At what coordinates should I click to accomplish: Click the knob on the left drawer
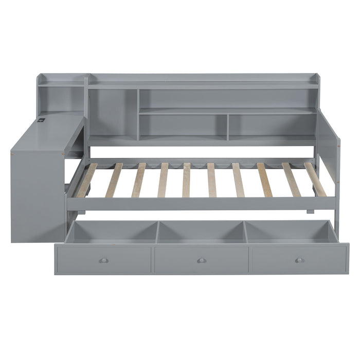tap(103, 260)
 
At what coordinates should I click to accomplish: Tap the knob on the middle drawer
tap(202, 260)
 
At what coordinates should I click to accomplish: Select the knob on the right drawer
tap(299, 260)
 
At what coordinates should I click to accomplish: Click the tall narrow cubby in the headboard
tap(113, 113)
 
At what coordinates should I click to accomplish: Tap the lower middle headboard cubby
tap(183, 124)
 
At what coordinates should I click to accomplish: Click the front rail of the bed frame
tap(201, 204)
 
